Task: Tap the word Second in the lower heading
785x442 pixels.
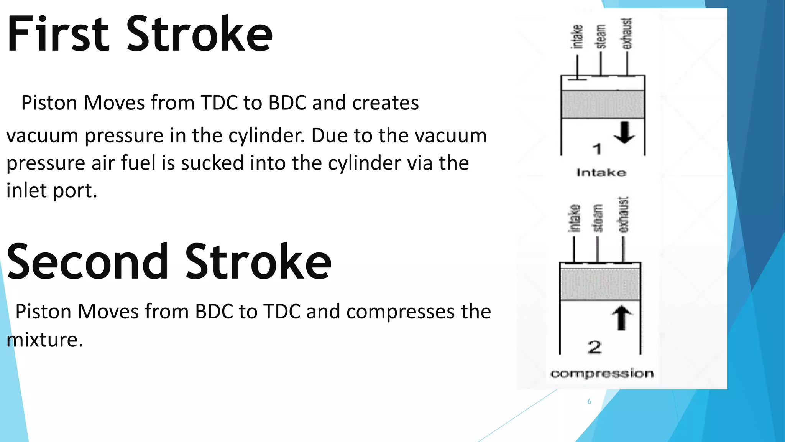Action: pos(87,262)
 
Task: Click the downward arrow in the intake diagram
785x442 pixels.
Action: pos(624,133)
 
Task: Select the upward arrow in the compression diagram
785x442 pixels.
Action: pos(622,318)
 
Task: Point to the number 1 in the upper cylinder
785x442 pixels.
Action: pos(597,149)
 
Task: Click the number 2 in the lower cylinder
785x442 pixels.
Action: pos(594,347)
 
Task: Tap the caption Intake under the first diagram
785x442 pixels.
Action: pos(601,173)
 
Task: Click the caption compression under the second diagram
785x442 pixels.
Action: pos(602,373)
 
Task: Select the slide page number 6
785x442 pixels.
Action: pos(589,402)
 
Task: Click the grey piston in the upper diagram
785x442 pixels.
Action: pos(603,104)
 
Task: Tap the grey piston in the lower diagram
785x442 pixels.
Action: pos(600,284)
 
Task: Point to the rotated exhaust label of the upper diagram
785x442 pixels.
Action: pos(627,34)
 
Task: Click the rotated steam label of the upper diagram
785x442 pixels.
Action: pos(601,36)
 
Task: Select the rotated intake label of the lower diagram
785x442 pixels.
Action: pos(574,218)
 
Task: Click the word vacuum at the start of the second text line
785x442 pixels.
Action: pos(42,136)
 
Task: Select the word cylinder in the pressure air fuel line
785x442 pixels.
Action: pos(364,163)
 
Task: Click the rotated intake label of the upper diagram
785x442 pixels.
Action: pos(577,36)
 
